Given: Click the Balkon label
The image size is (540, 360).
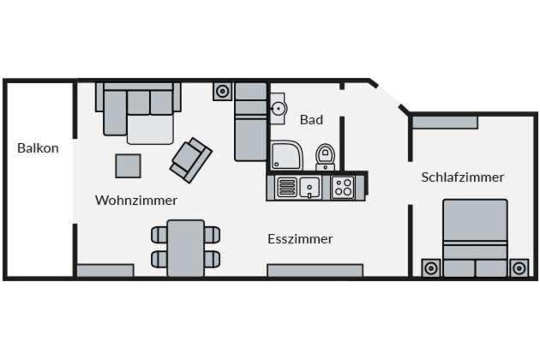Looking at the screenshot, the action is tap(38, 148).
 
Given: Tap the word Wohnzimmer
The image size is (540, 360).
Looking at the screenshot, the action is tap(136, 201).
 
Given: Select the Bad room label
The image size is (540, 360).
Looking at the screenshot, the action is tap(311, 120).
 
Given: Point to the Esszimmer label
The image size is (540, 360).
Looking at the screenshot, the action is tap(300, 239).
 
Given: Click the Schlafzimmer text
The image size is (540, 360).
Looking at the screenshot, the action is tap(463, 177).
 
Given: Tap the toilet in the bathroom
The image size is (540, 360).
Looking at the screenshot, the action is tap(326, 157).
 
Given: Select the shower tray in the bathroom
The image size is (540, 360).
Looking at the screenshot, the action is tap(286, 155).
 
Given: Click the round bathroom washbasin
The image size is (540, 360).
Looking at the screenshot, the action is tap(279, 109).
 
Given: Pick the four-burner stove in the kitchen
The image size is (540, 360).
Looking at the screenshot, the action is tap(343, 187).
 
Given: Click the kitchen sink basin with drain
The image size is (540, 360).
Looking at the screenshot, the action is tap(309, 188).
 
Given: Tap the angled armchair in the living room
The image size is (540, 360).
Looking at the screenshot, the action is tap(190, 160).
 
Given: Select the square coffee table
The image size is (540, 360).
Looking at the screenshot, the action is tap(128, 166).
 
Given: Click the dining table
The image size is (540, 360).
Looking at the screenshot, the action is tap(186, 248).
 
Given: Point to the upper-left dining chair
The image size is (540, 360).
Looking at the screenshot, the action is tap(159, 235).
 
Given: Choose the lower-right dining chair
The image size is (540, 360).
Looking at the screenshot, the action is tap(213, 260).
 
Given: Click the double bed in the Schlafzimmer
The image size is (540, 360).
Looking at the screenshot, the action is tap(475, 238).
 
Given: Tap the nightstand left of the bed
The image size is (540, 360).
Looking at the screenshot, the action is tap(431, 268).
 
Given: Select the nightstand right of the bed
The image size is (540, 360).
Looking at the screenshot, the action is tap(519, 268).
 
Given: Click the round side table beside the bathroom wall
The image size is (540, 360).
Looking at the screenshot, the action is tap(223, 92).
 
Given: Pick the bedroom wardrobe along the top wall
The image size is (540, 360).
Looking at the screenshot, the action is tap(446, 123).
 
